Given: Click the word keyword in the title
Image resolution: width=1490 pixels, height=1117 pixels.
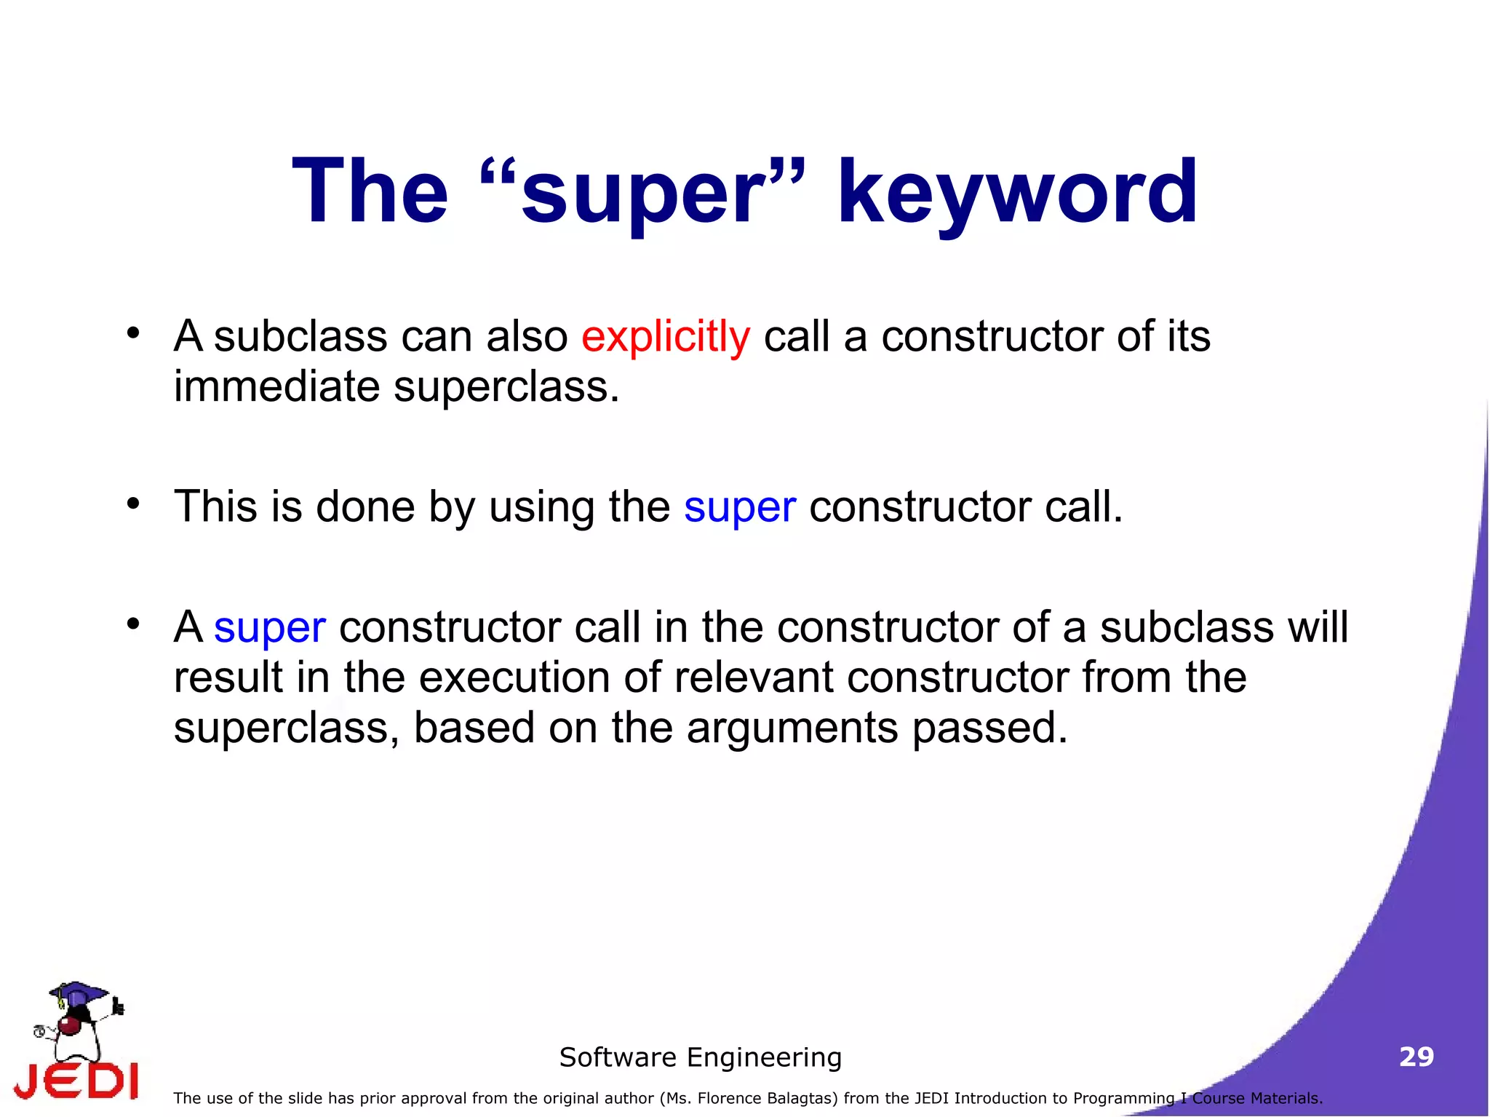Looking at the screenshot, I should [1016, 192].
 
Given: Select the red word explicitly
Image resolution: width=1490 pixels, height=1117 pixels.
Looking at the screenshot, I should [665, 338].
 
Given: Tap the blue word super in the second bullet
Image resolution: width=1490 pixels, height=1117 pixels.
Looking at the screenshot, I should [739, 508].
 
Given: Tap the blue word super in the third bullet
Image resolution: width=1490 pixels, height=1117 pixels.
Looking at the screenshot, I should [269, 628].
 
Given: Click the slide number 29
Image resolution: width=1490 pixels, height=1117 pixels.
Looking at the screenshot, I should [1416, 1057].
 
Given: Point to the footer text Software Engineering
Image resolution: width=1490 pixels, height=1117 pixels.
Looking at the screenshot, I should [700, 1057].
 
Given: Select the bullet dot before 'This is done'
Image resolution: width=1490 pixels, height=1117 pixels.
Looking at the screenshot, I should [132, 503].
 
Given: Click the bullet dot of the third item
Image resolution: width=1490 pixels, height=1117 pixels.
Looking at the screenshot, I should [132, 624].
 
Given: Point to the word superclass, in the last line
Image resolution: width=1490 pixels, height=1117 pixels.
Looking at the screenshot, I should [286, 728].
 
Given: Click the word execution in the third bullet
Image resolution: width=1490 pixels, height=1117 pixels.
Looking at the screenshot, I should [514, 677].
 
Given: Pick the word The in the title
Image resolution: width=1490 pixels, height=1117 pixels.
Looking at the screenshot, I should [370, 192].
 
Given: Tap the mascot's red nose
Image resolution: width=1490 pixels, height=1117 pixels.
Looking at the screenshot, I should [69, 1026].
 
